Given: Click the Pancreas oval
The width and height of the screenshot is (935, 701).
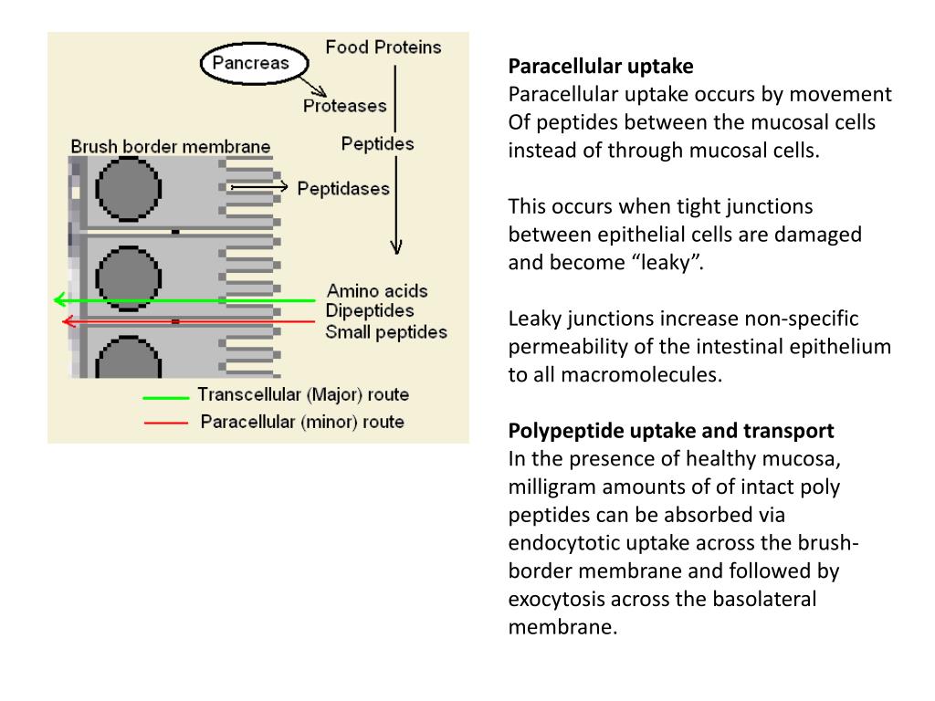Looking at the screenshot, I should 250,64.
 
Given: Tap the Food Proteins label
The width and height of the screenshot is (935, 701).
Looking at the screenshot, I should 383,47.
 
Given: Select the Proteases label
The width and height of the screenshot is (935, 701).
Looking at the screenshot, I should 344,106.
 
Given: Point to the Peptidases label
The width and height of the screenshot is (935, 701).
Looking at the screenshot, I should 344,189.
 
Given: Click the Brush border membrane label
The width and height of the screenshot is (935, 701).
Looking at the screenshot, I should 171,146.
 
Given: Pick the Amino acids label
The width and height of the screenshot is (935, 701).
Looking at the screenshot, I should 377,292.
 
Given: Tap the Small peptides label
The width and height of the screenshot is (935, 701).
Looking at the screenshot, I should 386,331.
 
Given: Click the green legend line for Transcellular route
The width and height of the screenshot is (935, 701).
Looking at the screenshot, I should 165,397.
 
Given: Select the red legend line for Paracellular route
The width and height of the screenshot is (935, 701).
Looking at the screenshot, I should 165,423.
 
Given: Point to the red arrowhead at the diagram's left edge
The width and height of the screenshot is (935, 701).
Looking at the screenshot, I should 67,321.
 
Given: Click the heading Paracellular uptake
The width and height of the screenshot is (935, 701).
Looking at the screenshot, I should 601,67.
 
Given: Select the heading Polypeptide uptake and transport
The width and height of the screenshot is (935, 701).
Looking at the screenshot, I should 671,431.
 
